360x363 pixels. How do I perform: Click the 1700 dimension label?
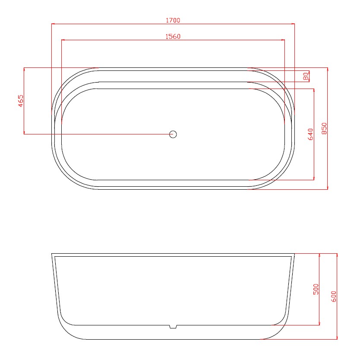click(173, 20)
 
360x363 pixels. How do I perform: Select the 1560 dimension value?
click(173, 37)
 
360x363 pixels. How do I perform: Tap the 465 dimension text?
click(21, 101)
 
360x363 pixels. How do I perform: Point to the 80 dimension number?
click(306, 76)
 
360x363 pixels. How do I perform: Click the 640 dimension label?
click(311, 134)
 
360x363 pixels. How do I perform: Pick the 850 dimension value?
click(325, 128)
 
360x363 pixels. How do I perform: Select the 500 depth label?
click(316, 289)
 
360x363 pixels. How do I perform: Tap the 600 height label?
click(334, 296)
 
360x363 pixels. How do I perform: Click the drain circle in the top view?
click(173, 134)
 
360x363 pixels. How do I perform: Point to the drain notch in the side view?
click(173, 326)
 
